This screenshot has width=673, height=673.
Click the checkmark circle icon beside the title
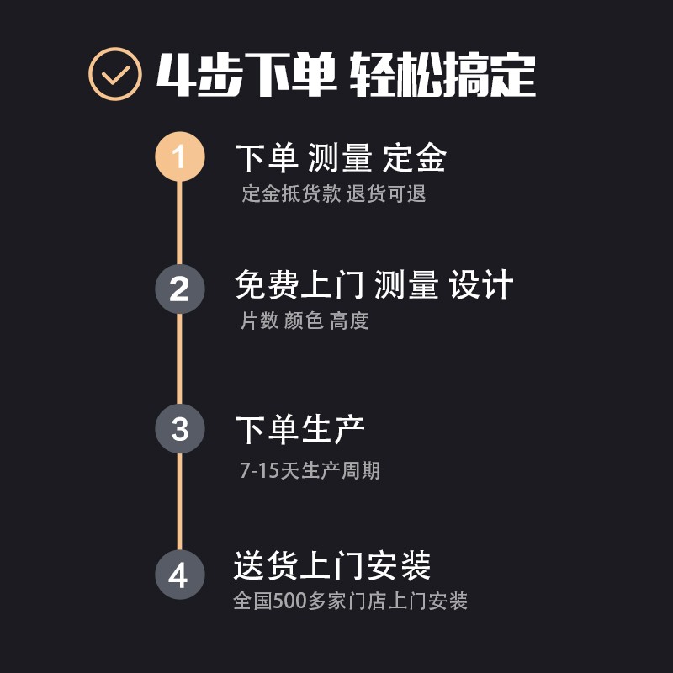click(x=114, y=75)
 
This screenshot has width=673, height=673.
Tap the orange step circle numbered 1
click(x=179, y=157)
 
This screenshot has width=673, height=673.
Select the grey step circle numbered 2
click(x=179, y=289)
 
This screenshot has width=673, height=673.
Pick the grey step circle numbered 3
click(x=179, y=429)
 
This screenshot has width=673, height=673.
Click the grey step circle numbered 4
click(x=179, y=575)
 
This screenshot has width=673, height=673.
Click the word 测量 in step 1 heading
click(x=340, y=158)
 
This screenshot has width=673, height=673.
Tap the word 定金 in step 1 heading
click(x=414, y=158)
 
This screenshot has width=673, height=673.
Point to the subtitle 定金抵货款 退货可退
click(x=334, y=193)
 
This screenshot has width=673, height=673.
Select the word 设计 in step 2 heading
click(x=481, y=286)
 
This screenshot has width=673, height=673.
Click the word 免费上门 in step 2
click(x=299, y=286)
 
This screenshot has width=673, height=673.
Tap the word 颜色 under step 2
click(x=304, y=321)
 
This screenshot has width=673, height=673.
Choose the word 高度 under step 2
click(x=349, y=321)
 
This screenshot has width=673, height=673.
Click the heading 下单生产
click(x=299, y=430)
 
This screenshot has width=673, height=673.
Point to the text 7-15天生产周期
click(x=310, y=470)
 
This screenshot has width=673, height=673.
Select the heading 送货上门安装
click(x=331, y=565)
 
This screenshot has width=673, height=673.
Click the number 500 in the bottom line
click(x=290, y=601)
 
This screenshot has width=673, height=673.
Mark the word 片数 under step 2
click(x=259, y=321)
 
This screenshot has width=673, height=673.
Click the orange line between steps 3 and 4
click(x=179, y=502)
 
